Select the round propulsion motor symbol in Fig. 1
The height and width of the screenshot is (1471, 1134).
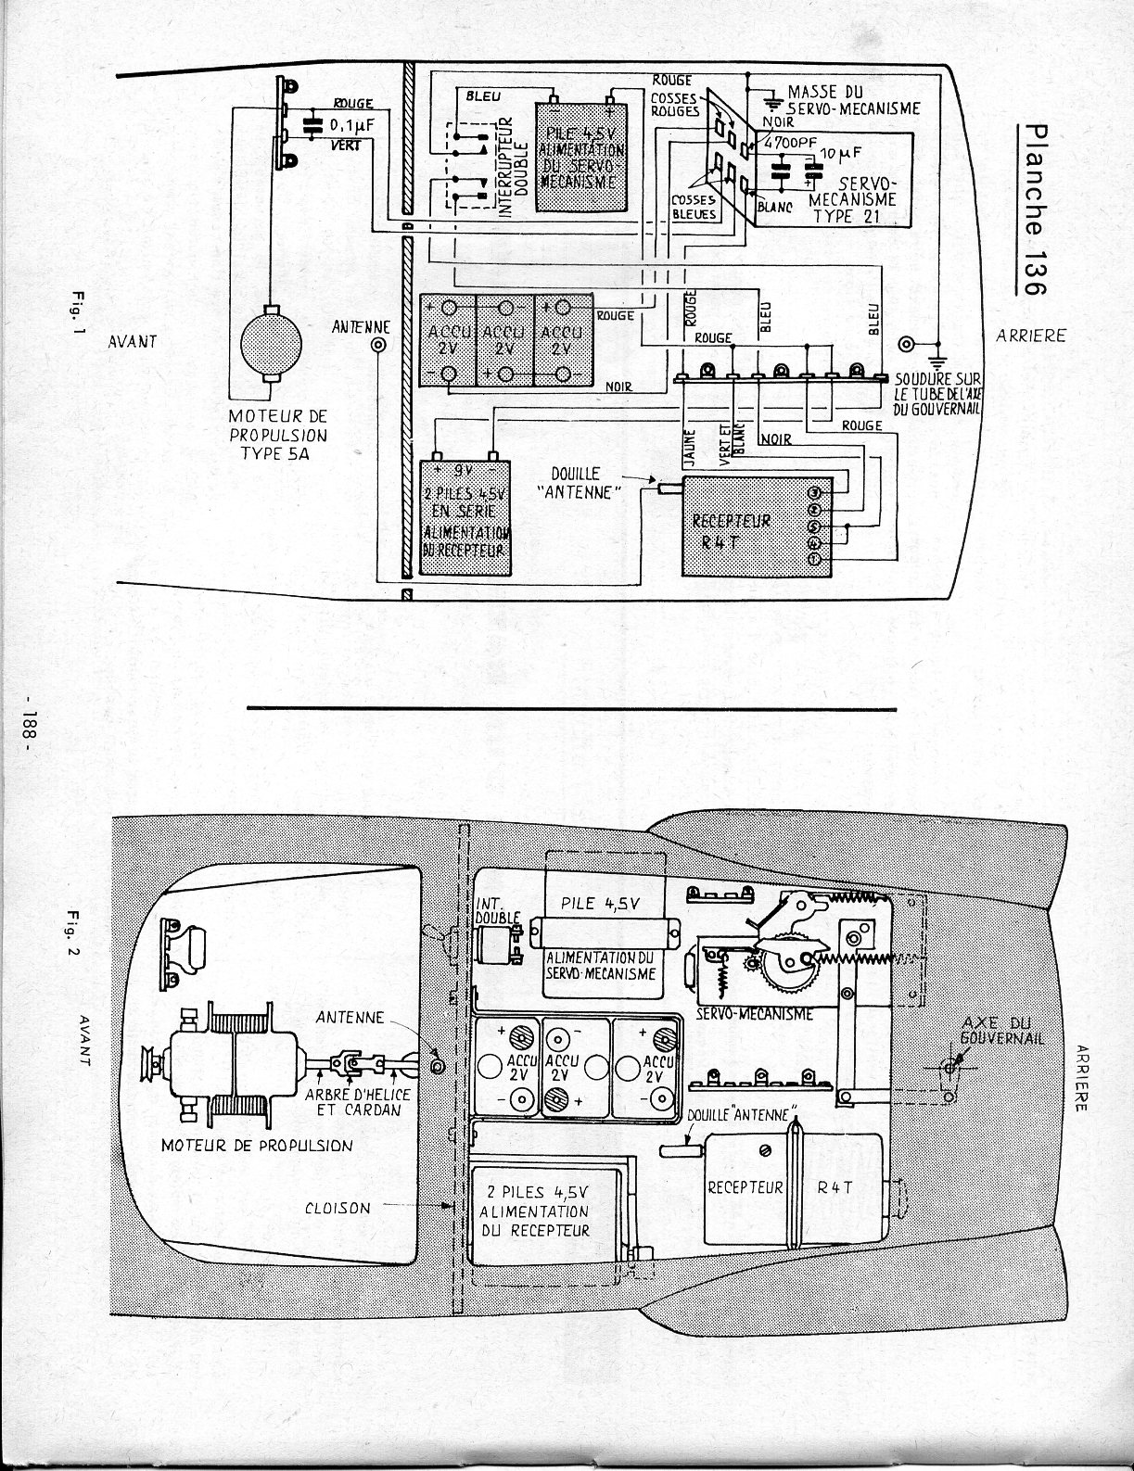pyautogui.click(x=271, y=343)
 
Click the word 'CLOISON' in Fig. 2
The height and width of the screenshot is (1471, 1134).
pyautogui.click(x=336, y=1208)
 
